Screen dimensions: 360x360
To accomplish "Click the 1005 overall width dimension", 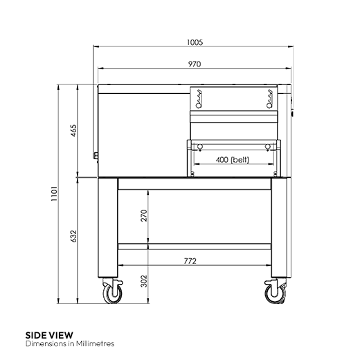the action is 195,42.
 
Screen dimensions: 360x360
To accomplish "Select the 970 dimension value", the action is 195,64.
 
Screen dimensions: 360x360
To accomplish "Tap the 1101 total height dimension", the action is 54,193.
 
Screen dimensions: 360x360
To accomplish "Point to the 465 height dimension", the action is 73,131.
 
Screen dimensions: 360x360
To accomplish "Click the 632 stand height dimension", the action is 73,236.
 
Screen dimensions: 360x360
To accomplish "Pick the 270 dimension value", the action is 144,215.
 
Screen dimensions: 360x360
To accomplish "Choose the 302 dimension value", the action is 144,281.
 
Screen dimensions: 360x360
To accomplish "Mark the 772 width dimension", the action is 190,261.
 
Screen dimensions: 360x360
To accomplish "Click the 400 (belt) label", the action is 233,160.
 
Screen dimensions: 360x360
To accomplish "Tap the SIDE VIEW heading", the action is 49,335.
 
